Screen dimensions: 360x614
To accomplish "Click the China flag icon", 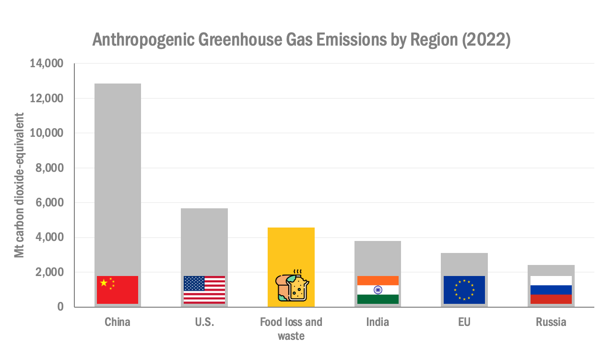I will [x=118, y=289].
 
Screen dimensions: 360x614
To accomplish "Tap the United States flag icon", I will [x=204, y=289].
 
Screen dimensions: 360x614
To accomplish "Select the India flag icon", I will [x=378, y=289].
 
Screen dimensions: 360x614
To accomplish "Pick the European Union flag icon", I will [x=464, y=289].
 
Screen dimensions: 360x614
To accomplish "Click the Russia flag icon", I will [x=551, y=289].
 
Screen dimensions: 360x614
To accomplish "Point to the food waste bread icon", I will [x=291, y=288].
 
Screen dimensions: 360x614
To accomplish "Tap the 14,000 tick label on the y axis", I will [x=47, y=63].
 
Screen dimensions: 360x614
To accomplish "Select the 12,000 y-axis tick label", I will [x=47, y=98].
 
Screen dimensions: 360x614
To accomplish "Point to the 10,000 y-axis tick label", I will [x=47, y=133].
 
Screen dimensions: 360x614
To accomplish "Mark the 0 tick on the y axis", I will [x=60, y=307].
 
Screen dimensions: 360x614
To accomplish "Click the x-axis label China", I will [x=118, y=322].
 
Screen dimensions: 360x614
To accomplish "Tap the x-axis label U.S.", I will [x=204, y=322].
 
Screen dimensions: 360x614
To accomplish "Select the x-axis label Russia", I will [x=551, y=322].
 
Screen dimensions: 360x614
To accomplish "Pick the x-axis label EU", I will [x=464, y=322].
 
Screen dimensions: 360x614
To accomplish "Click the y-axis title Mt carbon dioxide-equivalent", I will [x=19, y=185].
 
